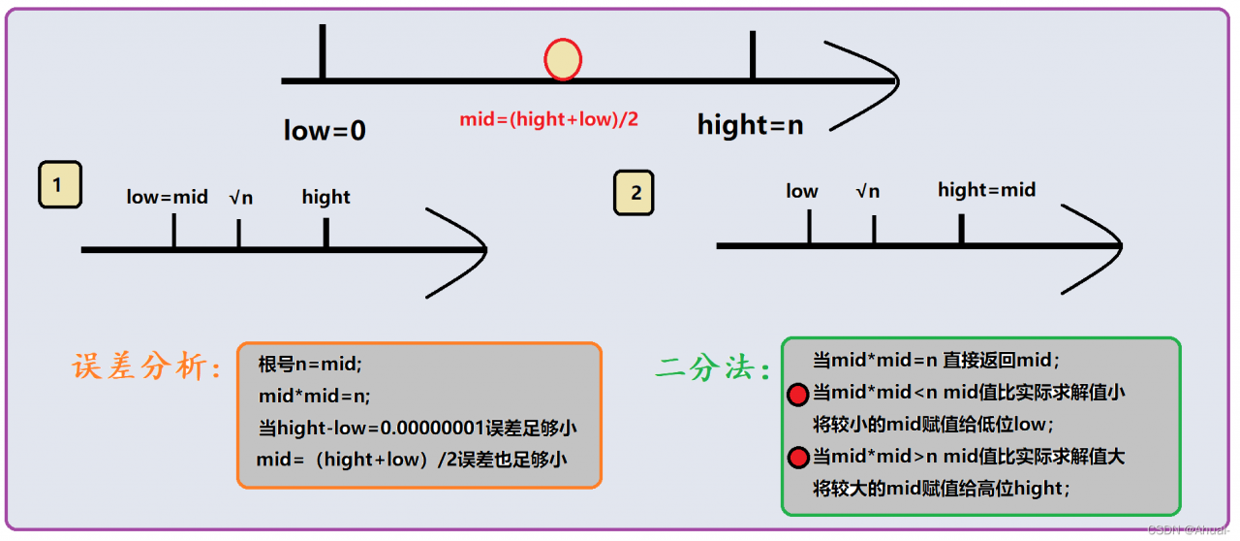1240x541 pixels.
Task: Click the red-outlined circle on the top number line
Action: (x=563, y=59)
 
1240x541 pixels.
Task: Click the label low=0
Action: (x=325, y=130)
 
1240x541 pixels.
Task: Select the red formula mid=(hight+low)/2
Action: (x=549, y=120)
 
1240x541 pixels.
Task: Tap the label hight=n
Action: (x=750, y=125)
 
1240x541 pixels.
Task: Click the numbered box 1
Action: (x=59, y=186)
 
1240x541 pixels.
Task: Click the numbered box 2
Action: (x=635, y=192)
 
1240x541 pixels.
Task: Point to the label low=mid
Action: (x=167, y=197)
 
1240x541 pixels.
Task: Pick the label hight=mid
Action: (x=986, y=190)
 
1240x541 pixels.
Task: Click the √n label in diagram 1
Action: (x=240, y=197)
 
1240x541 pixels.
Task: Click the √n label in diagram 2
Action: (x=867, y=191)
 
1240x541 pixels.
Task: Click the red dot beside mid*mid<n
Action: (x=797, y=395)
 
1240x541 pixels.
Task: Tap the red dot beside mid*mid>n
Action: (x=797, y=459)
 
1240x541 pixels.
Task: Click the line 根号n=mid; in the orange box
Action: (x=309, y=365)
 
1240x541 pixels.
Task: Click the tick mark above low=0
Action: (x=322, y=52)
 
